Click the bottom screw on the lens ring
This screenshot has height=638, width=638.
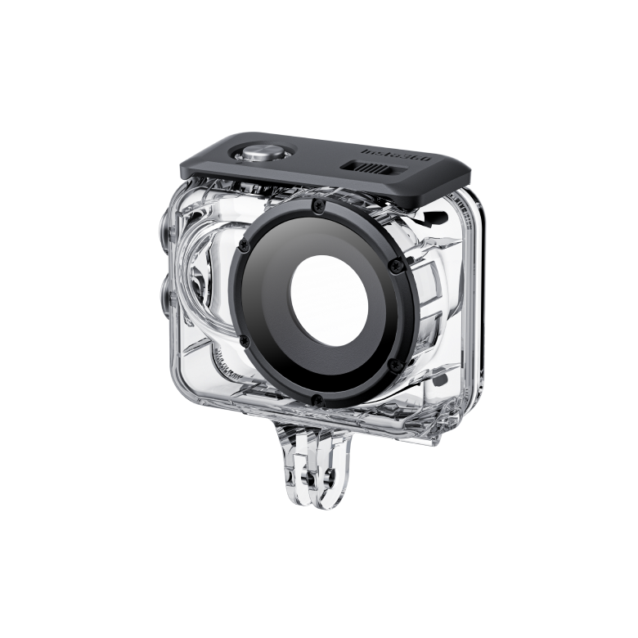316,398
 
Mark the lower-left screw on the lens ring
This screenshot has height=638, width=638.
244,339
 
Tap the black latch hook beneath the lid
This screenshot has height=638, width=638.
429,218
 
